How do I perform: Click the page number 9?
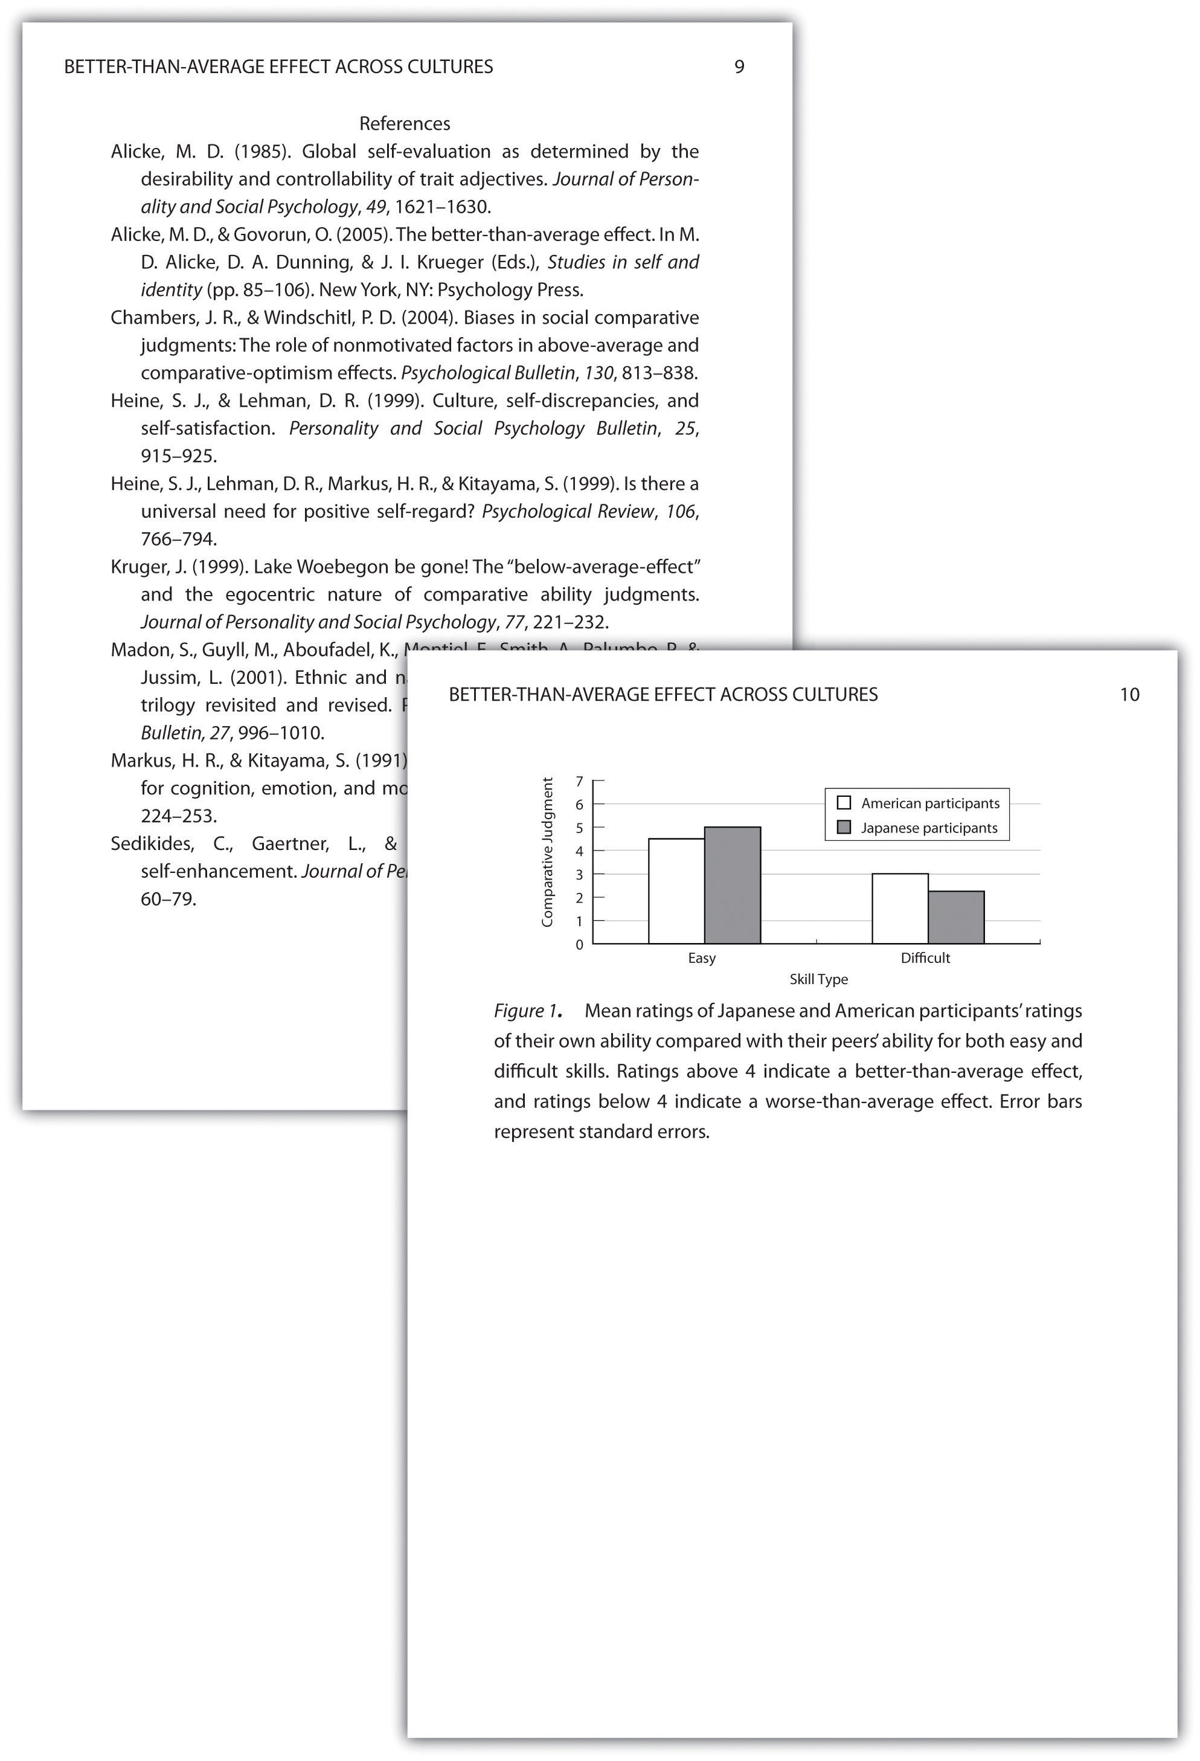[x=739, y=66]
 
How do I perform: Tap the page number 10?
[x=1129, y=694]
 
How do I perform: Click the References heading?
[x=405, y=123]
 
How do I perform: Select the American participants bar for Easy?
[x=676, y=890]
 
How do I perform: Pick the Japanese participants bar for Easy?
[x=732, y=885]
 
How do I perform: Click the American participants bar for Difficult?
[x=899, y=908]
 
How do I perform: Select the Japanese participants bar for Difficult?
[x=955, y=917]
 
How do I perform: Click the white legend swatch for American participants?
[x=844, y=802]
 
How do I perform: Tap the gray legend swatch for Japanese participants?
[x=844, y=828]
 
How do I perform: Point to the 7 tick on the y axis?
[x=580, y=781]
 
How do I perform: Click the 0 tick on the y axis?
[x=580, y=945]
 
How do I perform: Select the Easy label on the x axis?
[x=702, y=958]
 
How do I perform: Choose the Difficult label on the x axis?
[x=925, y=958]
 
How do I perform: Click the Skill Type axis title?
[x=818, y=979]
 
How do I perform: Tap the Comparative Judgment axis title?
[x=547, y=852]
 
